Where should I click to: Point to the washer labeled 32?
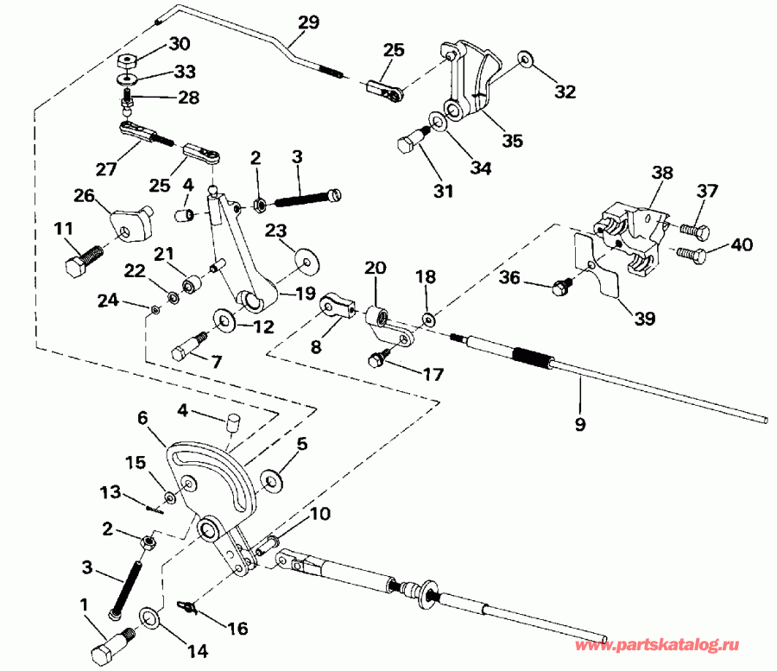524,60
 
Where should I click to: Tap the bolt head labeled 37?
694,231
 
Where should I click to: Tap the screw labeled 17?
378,359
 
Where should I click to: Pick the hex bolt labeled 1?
108,646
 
